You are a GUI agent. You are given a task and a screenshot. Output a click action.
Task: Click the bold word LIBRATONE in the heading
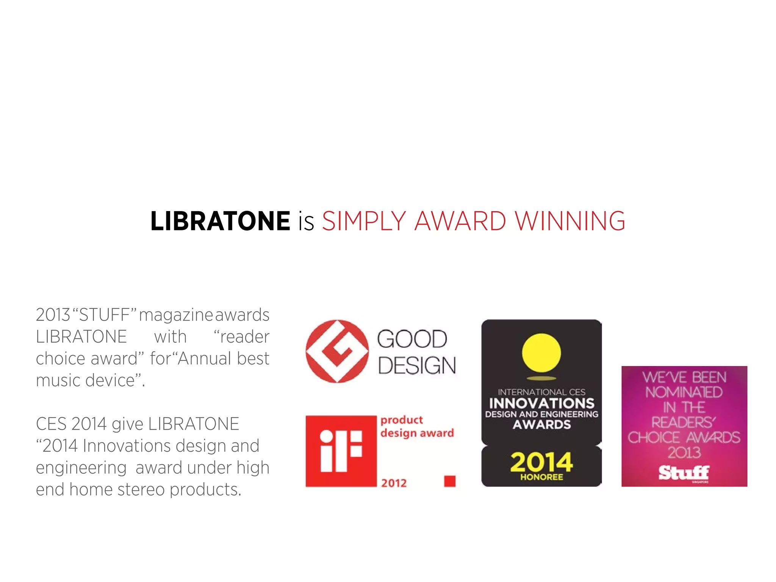coord(220,221)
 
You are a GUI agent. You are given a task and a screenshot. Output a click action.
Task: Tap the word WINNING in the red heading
coord(570,221)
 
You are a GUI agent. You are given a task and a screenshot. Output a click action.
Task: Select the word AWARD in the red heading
coord(460,221)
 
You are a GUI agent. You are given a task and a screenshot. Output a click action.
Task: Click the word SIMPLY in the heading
coord(364,221)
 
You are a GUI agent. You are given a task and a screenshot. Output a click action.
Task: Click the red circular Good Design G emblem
coord(337,351)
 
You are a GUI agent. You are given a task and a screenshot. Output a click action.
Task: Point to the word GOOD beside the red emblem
coord(412,339)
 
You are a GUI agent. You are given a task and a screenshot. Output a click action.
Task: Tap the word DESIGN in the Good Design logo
coord(417,366)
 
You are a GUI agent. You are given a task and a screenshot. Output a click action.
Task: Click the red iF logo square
coord(341,451)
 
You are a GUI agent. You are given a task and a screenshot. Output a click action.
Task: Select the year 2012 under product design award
coord(394,483)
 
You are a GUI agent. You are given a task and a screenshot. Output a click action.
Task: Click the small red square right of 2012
coord(450,481)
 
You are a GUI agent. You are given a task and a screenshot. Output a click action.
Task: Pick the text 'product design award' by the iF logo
coord(417,426)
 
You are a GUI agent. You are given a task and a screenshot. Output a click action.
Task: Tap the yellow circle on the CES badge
coord(541,353)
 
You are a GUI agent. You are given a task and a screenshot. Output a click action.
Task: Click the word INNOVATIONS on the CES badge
coord(541,403)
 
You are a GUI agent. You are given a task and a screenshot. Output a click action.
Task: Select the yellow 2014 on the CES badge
coord(541,462)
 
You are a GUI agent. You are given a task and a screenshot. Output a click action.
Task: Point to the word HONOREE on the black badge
coord(541,477)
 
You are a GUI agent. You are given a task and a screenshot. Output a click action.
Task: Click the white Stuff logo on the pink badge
coord(684,473)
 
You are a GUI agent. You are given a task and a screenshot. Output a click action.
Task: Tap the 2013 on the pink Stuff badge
coord(684,453)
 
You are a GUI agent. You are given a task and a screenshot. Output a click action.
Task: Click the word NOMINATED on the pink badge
coord(684,393)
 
